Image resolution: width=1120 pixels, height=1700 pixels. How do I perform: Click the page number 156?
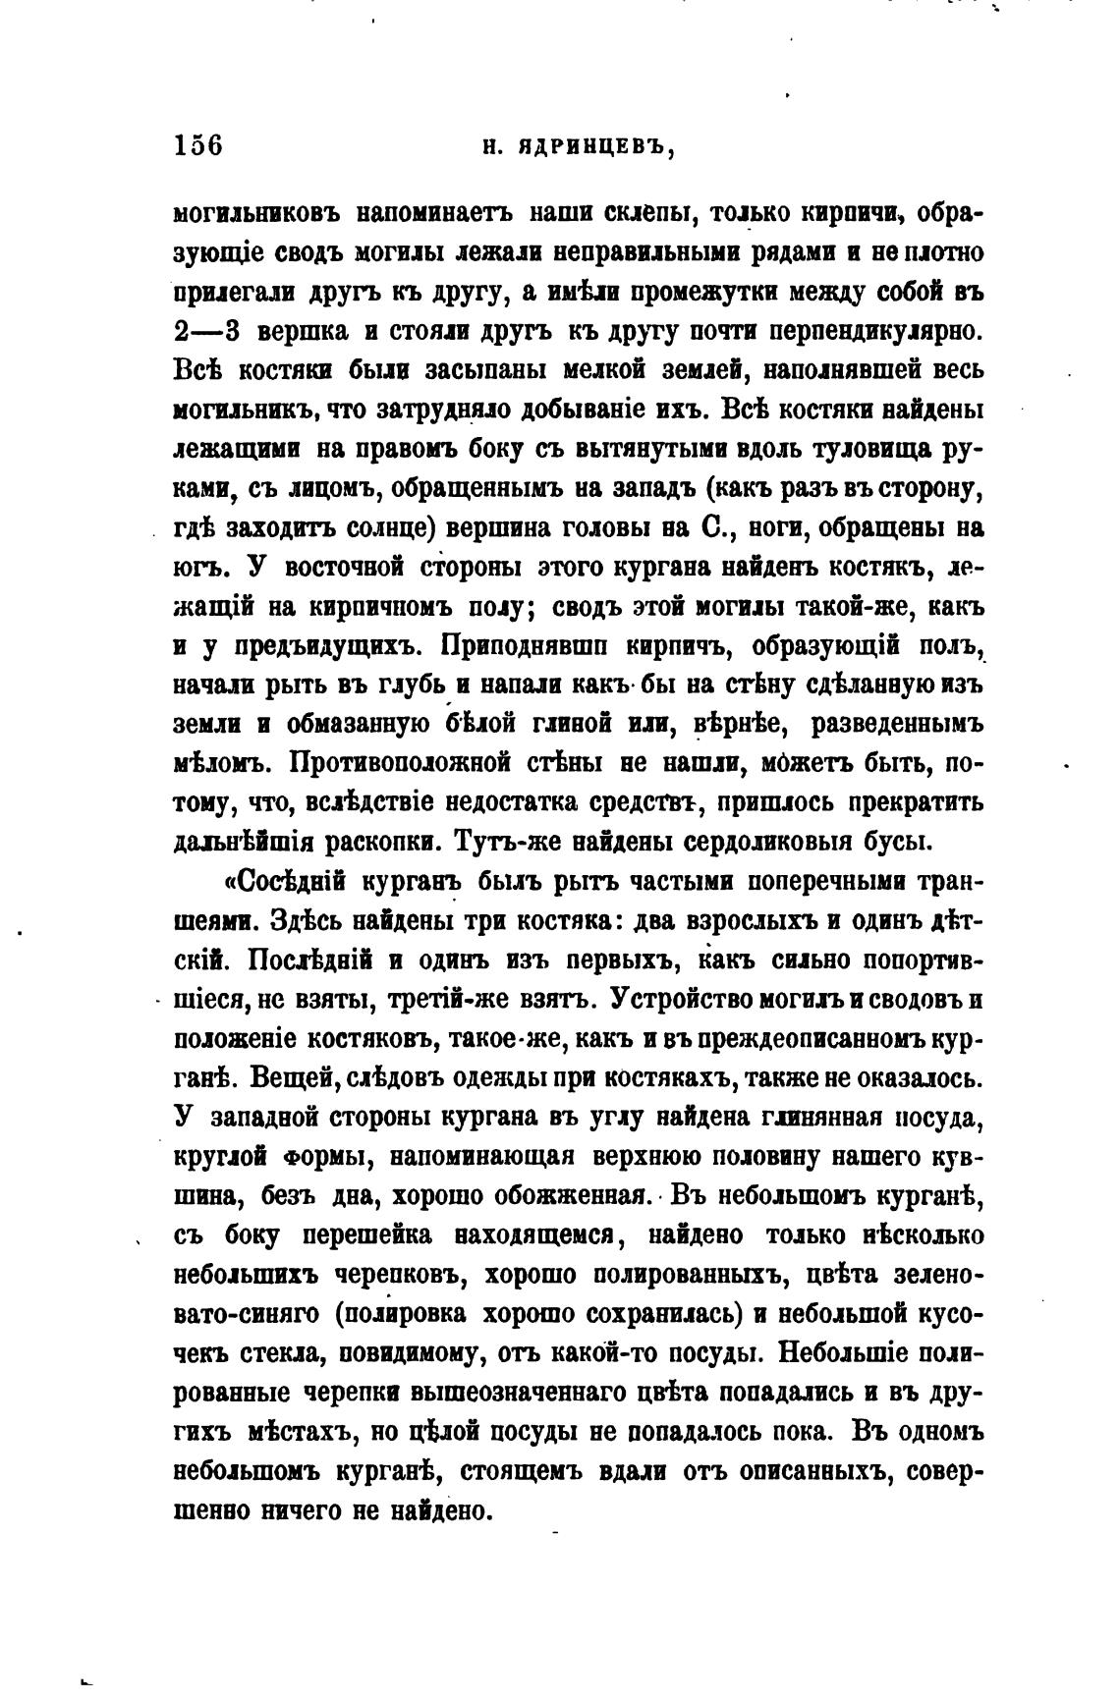pyautogui.click(x=199, y=145)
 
